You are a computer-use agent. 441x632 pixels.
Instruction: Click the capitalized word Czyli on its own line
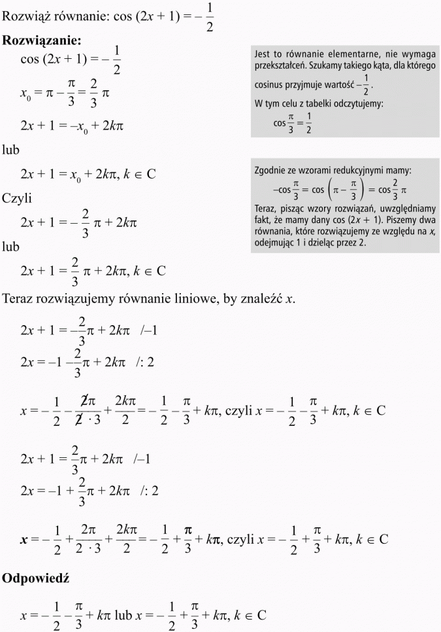(x=17, y=198)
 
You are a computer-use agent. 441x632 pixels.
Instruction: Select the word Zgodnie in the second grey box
(x=270, y=171)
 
